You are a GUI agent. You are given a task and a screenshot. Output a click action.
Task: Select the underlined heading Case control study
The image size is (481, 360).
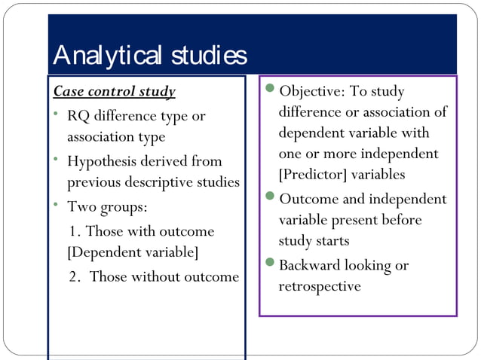114,92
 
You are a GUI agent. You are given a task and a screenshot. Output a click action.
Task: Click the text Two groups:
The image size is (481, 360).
97,206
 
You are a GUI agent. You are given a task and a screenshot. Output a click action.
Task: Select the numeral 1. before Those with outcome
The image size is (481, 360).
76,231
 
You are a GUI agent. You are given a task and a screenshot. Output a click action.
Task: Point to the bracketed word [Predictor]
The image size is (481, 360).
311,174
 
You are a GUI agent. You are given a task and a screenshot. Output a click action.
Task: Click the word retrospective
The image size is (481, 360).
320,287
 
